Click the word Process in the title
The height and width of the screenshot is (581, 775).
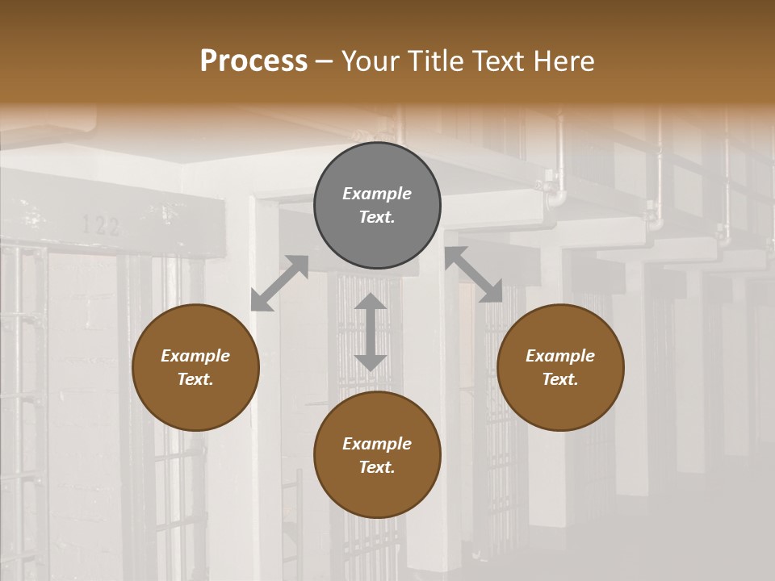pos(253,61)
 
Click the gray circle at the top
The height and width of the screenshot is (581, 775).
pos(377,205)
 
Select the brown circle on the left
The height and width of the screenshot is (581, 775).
pos(195,367)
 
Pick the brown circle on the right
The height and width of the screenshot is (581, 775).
pos(560,367)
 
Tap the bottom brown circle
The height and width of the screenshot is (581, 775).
pos(377,455)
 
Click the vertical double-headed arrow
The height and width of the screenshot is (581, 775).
pos(371,332)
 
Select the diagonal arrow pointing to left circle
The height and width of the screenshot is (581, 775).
pos(279,283)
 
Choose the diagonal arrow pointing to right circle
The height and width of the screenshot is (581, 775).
pos(474,274)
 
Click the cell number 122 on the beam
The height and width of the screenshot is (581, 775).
pos(101,226)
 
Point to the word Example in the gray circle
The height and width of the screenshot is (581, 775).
pos(377,194)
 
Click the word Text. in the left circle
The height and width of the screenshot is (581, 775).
pos(195,379)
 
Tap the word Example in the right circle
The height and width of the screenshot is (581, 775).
pos(560,356)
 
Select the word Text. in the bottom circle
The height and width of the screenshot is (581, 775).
pos(377,467)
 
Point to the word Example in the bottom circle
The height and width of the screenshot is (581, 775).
pos(377,444)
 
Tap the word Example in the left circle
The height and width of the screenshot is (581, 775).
pos(195,356)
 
